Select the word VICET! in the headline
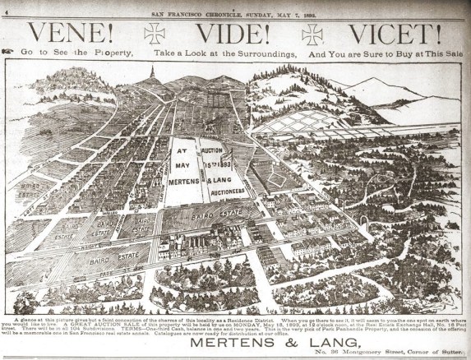point(393,35)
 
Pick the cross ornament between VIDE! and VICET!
point(312,34)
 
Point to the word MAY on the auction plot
point(186,165)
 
